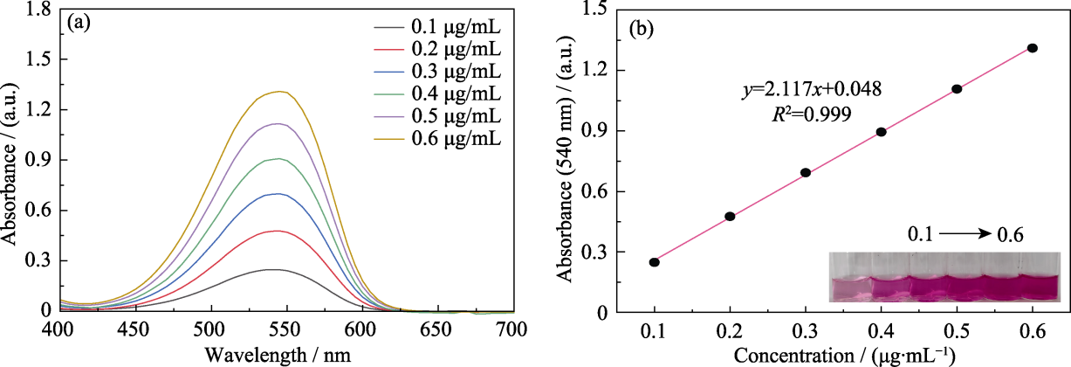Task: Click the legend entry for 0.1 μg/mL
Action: tap(437, 27)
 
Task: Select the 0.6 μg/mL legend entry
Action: tap(437, 139)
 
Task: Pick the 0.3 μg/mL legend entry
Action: tap(437, 72)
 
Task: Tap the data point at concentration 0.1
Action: tap(654, 262)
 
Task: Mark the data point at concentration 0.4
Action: tap(882, 132)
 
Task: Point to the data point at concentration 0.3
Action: tap(806, 173)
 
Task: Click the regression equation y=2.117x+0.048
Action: tap(812, 89)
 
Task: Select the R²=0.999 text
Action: tap(812, 114)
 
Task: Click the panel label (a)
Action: tap(79, 23)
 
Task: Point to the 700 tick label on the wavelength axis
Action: tap(512, 329)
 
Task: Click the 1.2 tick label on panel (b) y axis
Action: tap(594, 70)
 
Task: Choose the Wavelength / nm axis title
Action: tap(278, 355)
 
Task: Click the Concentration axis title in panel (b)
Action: tap(837, 356)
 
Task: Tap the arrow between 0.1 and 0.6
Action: tap(965, 233)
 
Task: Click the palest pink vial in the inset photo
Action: tap(850, 288)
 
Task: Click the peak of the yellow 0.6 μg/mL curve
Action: tap(278, 91)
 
